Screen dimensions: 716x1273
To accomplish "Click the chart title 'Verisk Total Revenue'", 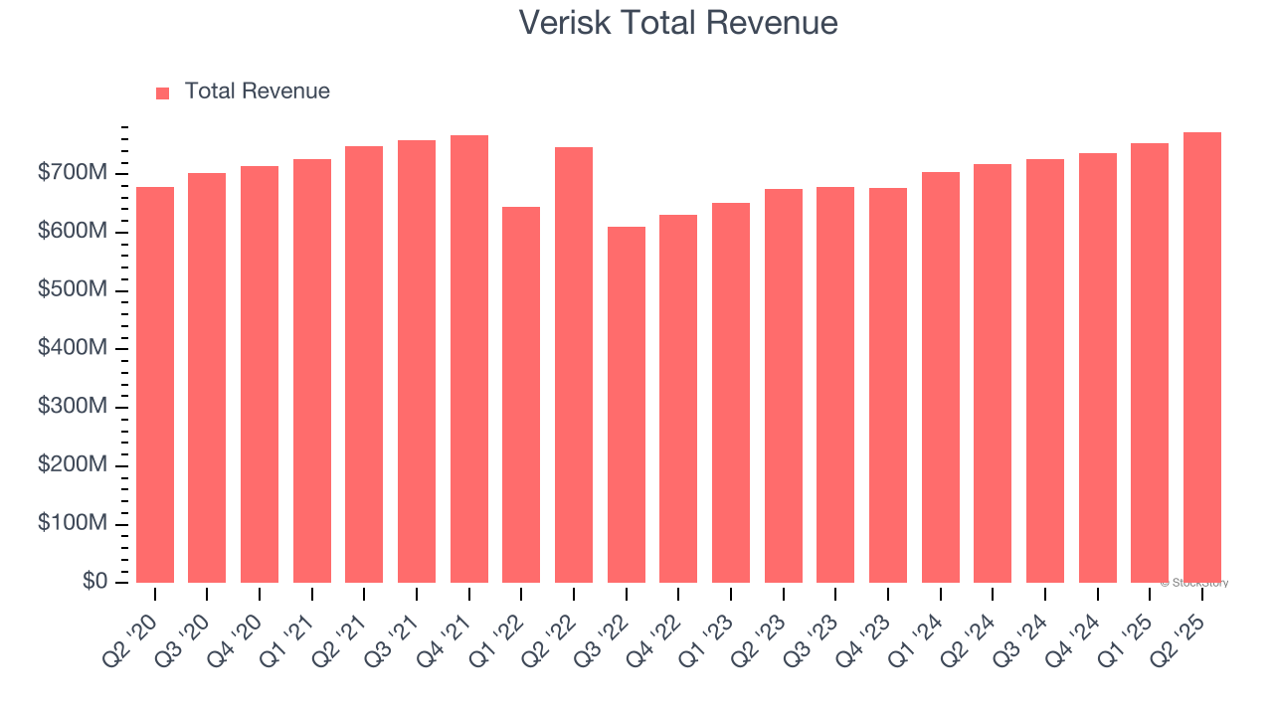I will pos(678,23).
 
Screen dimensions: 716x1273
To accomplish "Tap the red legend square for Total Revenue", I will pos(163,92).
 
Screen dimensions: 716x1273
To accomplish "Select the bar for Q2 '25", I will pos(1202,357).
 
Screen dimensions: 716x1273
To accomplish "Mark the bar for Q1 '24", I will pos(941,377).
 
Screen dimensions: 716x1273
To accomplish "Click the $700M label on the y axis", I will pos(73,174).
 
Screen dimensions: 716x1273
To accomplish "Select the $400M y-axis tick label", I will pos(73,349).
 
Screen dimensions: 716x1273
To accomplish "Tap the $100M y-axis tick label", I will pos(73,524).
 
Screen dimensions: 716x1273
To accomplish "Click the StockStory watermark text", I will pos(1193,583).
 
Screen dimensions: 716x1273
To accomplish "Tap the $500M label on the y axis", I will pos(73,290).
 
